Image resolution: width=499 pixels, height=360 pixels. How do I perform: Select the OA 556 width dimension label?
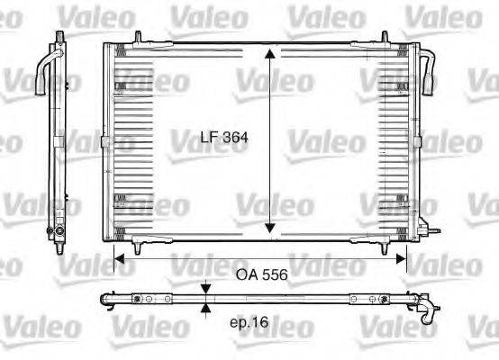(x=261, y=276)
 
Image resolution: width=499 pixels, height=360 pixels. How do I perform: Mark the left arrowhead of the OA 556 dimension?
(x=115, y=257)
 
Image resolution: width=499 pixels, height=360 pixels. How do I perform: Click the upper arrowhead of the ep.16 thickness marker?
(x=207, y=288)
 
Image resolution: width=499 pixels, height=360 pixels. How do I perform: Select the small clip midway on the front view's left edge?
(x=104, y=141)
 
